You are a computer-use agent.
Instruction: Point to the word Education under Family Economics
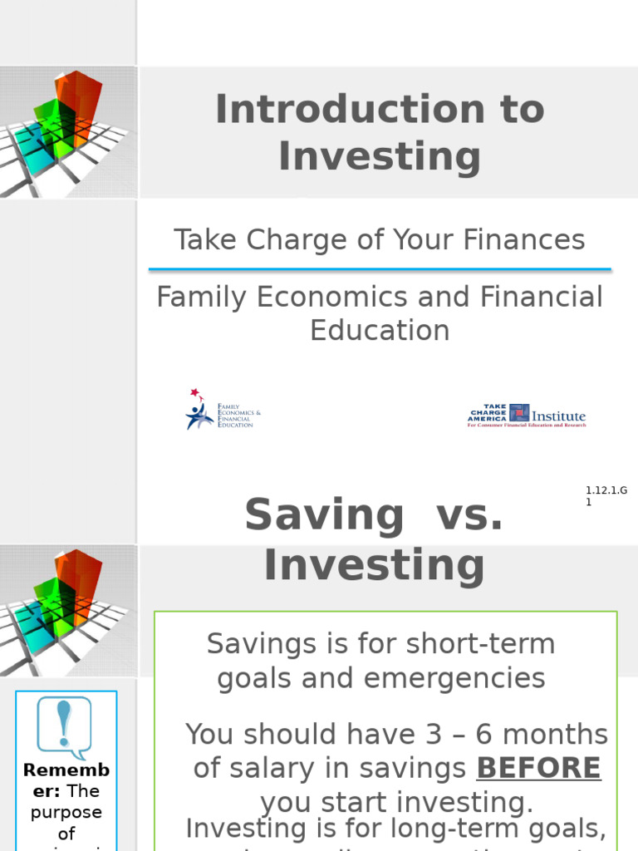380,330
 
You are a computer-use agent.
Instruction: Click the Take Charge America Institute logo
527,415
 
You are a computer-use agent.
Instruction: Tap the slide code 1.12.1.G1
606,496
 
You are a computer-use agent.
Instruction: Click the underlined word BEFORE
537,768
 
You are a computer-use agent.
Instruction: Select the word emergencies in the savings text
455,678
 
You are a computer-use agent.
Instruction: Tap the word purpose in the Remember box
66,812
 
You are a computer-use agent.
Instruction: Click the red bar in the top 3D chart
79,104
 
